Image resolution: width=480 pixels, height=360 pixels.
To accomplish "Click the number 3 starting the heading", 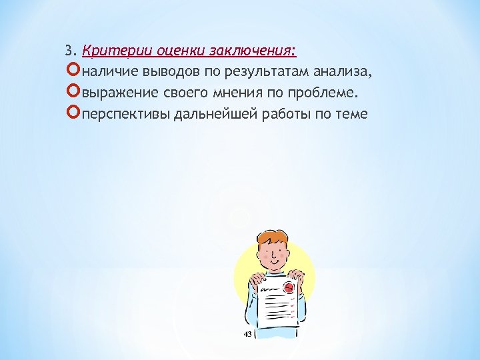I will (x=69, y=51).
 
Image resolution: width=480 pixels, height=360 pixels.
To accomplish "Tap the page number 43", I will (x=247, y=333).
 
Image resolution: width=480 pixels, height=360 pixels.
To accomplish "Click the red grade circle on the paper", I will (x=289, y=288).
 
